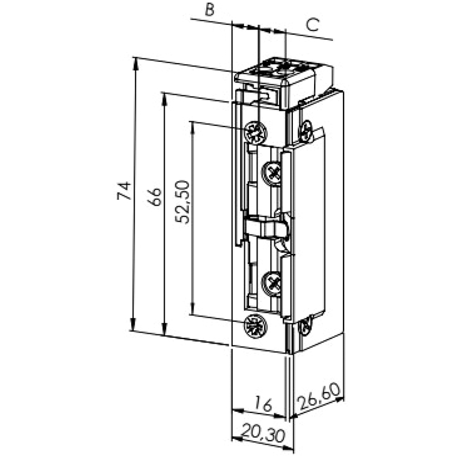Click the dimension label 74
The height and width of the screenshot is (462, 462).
pyautogui.click(x=124, y=191)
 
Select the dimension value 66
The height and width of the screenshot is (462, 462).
pyautogui.click(x=155, y=196)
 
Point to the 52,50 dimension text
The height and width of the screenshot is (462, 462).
pyautogui.click(x=182, y=202)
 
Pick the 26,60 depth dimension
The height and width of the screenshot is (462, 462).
pyautogui.click(x=319, y=396)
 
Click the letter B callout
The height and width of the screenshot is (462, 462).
pyautogui.click(x=209, y=9)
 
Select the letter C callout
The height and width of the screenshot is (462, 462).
pyautogui.click(x=312, y=25)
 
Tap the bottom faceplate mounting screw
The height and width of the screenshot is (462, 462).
pyautogui.click(x=255, y=326)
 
